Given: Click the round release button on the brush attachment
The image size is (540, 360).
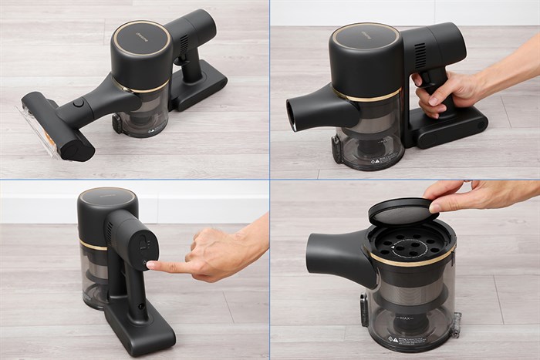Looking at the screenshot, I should (x=78, y=103).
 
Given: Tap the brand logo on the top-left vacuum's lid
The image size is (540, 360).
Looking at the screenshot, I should (x=141, y=34).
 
